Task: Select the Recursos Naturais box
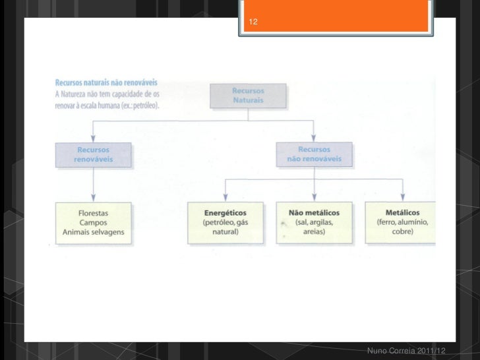click(x=248, y=95)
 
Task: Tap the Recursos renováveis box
click(x=93, y=154)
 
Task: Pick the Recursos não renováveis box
click(x=314, y=154)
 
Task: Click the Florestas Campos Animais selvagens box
click(x=93, y=223)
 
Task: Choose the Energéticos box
click(x=225, y=223)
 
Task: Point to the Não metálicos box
click(x=314, y=223)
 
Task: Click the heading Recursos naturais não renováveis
click(x=105, y=84)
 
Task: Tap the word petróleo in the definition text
click(x=142, y=105)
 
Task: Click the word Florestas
click(x=93, y=214)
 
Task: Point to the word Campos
click(x=93, y=223)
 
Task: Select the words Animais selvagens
click(x=93, y=232)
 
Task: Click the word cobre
click(x=402, y=232)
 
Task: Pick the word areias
click(x=314, y=232)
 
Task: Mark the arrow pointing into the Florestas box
click(x=93, y=195)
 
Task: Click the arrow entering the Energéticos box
click(x=225, y=195)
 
